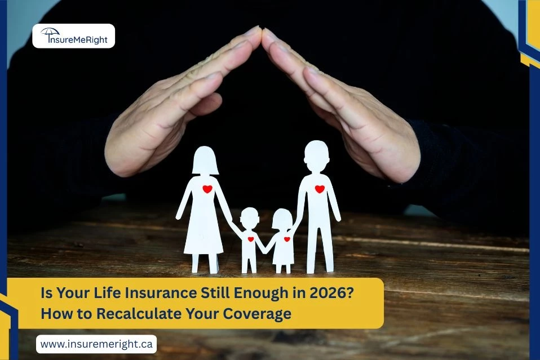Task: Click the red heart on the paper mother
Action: pos(207,189)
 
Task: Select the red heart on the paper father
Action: pos(320,189)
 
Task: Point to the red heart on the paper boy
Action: pos(251,239)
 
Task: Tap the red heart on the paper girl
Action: pos(286,239)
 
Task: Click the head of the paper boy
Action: pos(249,217)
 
